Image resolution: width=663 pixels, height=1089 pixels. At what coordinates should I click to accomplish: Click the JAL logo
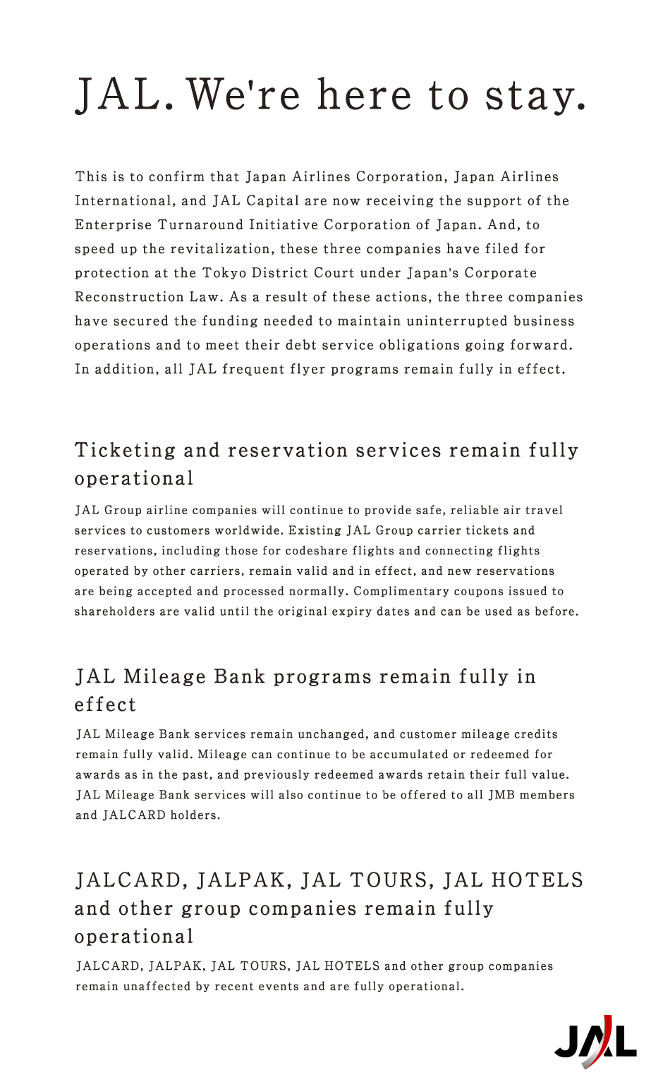pos(595,1042)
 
